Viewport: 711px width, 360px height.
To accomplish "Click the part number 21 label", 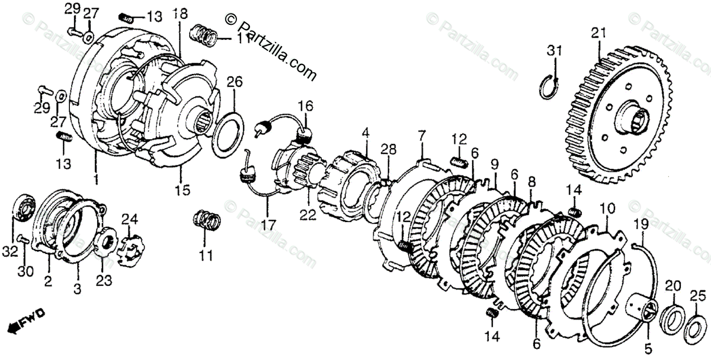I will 598,33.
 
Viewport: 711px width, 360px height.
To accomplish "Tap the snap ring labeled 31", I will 552,83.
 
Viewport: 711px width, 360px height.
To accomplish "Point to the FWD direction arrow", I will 23,321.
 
